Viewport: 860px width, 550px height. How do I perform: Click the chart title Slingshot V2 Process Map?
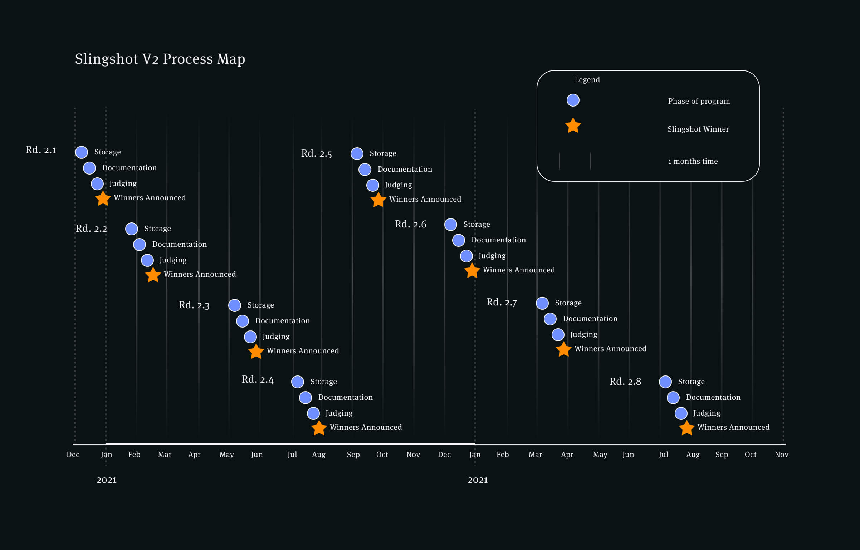coord(160,59)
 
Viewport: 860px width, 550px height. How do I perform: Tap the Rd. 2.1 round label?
coord(41,150)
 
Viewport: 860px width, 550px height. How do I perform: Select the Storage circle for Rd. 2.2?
coord(132,229)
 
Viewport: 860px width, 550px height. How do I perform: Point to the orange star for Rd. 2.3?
coord(256,352)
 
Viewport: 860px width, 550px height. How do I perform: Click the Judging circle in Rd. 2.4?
coord(313,413)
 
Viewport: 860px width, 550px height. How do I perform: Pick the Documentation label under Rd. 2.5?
coord(405,169)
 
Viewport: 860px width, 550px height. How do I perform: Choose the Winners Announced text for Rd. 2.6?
coord(519,270)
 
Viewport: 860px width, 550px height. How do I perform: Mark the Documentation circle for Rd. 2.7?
coord(550,319)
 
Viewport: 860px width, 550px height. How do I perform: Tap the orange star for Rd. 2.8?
coord(687,428)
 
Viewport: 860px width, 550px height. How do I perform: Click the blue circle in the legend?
coord(573,100)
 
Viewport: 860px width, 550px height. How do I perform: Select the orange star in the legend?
coord(573,126)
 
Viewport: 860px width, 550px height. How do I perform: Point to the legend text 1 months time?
coord(693,161)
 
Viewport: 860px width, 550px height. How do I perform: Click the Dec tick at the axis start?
coord(73,455)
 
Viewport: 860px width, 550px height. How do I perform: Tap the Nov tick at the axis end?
coord(781,455)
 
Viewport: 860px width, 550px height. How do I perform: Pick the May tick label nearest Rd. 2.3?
coord(226,455)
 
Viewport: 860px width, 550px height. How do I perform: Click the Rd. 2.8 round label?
coord(625,382)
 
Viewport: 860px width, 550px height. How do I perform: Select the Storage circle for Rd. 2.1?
coord(82,152)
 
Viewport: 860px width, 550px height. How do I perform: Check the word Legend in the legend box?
coord(587,80)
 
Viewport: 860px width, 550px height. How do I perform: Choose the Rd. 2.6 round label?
coord(410,224)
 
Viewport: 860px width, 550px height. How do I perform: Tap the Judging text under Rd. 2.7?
coord(583,334)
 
